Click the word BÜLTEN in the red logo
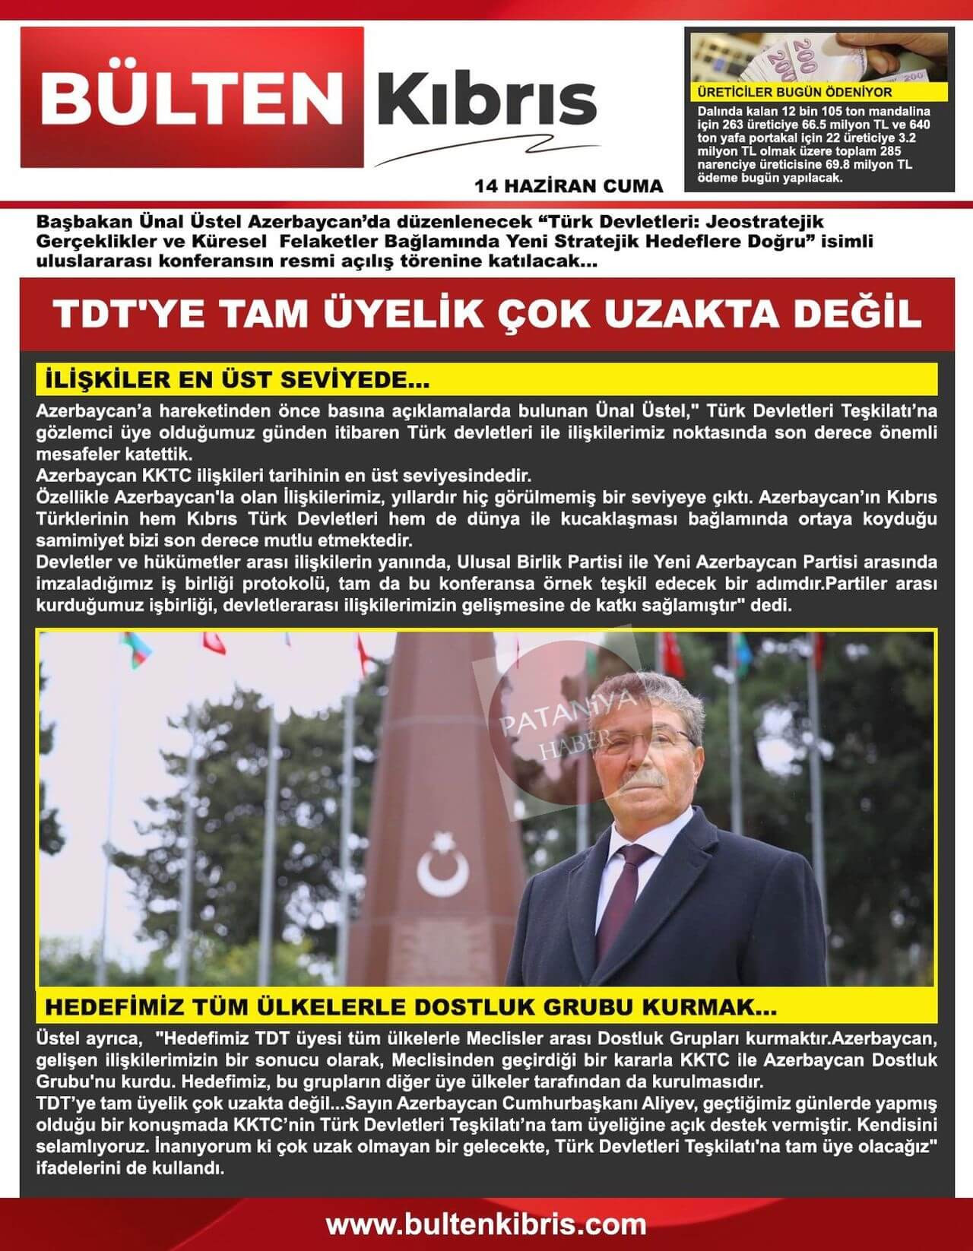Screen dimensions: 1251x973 tap(191, 99)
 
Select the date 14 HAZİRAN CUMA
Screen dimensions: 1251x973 tap(568, 186)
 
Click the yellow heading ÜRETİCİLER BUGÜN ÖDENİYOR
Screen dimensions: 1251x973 tap(794, 93)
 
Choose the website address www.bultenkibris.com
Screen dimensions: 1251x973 tap(486, 1224)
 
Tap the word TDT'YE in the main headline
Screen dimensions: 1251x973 tap(127, 315)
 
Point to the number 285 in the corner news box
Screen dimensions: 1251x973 tap(888, 151)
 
